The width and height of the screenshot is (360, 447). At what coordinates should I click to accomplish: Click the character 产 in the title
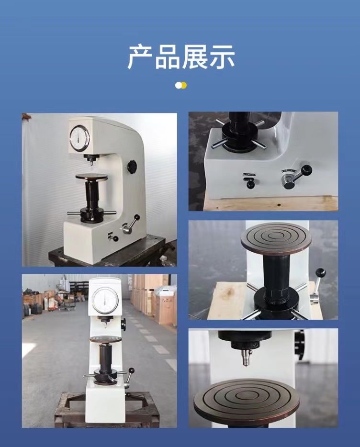coord(140,57)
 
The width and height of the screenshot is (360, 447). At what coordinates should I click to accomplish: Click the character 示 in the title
coord(222,57)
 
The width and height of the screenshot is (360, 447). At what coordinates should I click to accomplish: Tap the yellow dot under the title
coord(184,85)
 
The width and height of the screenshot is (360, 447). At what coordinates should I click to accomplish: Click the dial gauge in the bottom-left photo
coord(105,301)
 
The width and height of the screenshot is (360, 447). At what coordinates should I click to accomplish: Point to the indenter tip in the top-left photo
coord(91,163)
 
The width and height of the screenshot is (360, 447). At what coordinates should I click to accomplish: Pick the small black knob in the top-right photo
coord(250,184)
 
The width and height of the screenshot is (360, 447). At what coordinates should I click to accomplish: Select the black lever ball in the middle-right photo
coord(321,273)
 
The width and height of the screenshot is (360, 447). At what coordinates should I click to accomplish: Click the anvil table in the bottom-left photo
coord(105,339)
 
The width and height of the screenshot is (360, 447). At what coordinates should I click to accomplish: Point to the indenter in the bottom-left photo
coord(105,324)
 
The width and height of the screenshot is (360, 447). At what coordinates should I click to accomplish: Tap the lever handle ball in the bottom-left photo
coord(132,370)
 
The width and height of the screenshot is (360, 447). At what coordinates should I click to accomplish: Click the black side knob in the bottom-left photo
coord(123,324)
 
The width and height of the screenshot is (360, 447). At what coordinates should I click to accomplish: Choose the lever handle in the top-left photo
coord(131,224)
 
